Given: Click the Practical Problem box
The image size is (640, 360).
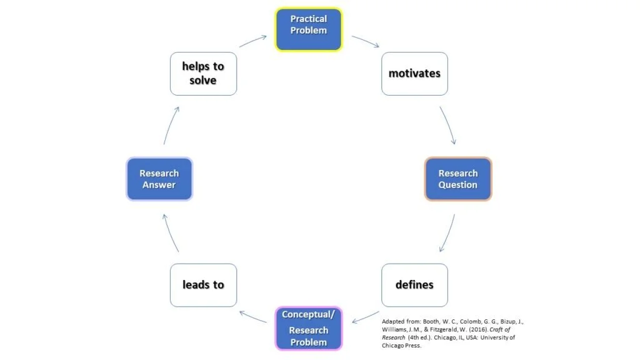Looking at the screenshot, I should [309, 29].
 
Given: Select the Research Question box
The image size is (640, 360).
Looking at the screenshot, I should [458, 179].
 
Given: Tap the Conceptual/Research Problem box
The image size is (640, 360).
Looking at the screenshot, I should [309, 328].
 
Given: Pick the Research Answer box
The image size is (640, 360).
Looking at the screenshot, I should [159, 179].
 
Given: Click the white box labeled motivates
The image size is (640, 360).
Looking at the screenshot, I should [414, 74].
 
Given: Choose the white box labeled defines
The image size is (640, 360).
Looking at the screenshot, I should [414, 285].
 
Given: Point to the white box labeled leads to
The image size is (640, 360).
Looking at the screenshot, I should [203, 285].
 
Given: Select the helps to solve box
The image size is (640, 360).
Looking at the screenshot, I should [203, 74].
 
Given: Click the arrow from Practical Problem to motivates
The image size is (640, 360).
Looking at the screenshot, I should [366, 41].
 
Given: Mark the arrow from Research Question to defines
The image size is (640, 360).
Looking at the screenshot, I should [447, 233].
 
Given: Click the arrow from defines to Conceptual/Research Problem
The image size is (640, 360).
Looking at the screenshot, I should [366, 317].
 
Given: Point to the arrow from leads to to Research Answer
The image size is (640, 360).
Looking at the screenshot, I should [171, 232].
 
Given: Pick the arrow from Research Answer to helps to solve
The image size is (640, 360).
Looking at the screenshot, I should [171, 125].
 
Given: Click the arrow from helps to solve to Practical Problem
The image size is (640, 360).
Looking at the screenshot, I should [253, 41].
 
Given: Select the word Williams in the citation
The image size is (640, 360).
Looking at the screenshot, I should [394, 329].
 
